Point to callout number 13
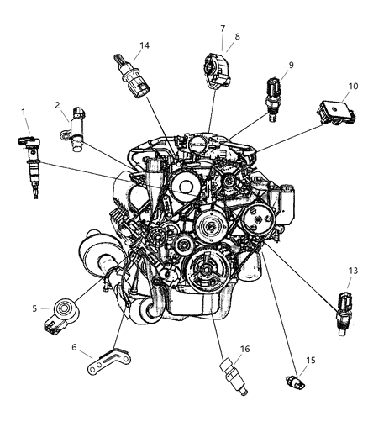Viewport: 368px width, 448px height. pos(353,294)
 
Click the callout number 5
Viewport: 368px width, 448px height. pos(34,308)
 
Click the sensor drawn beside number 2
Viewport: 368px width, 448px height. pos(77,130)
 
